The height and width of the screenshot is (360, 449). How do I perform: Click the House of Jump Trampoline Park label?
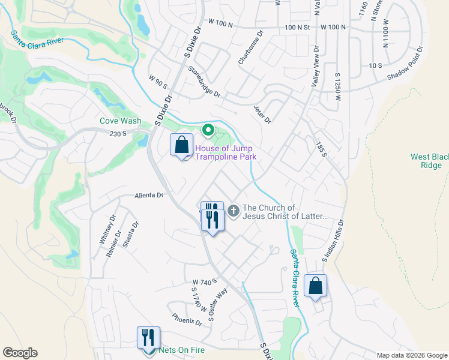point(224,152)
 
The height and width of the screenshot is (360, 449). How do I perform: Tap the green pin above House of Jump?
point(208,130)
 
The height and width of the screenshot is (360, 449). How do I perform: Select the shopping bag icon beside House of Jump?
point(181,145)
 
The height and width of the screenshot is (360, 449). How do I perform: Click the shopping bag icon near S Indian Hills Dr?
point(315,286)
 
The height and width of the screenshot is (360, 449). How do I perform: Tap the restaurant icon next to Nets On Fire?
point(148,338)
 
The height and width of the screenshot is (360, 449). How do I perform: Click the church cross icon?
point(234,211)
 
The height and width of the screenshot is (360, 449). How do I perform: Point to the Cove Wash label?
point(121,121)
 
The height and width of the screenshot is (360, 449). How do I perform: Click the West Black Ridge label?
point(430,161)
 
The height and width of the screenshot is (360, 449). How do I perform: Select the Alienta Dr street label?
point(149,196)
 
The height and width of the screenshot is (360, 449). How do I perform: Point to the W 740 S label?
point(204,281)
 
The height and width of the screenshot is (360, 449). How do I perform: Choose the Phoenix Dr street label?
point(187,321)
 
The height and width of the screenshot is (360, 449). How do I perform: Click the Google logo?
point(20,353)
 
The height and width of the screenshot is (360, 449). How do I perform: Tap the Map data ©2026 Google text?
point(412,355)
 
